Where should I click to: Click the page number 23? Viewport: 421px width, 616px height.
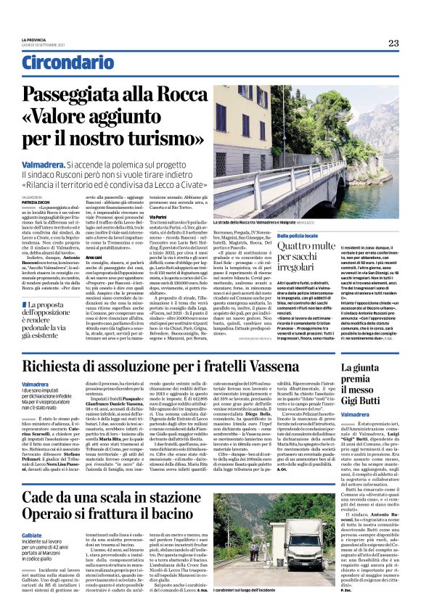[393, 44]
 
